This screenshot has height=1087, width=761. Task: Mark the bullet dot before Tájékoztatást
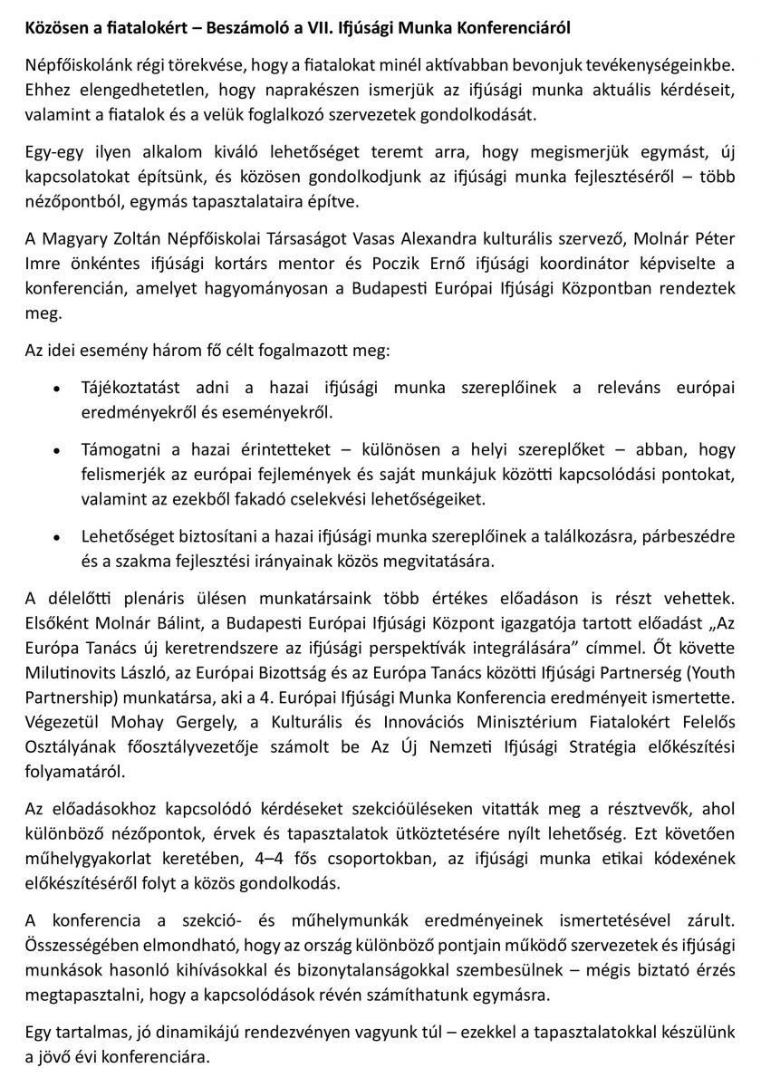58,390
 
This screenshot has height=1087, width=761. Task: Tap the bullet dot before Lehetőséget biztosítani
58,537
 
